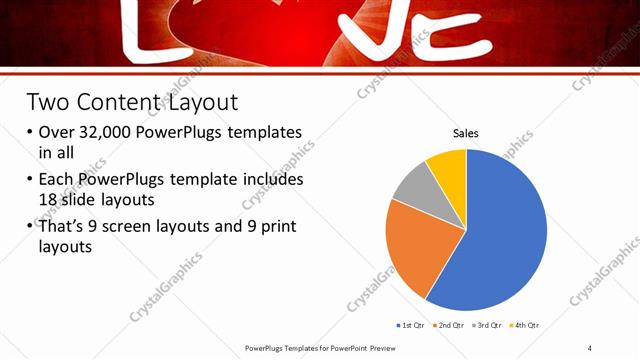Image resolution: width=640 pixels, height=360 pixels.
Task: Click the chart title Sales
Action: pyautogui.click(x=466, y=132)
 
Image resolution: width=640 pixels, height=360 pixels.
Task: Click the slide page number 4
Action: pyautogui.click(x=590, y=347)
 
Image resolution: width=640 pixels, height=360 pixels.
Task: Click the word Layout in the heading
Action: pyautogui.click(x=206, y=102)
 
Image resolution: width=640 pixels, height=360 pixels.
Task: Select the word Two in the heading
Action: pyautogui.click(x=48, y=102)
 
